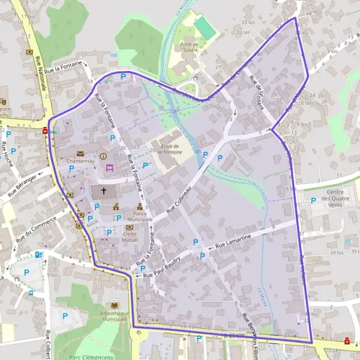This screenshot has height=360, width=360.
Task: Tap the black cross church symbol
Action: click(x=104, y=191)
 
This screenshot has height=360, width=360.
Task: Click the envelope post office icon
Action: click(x=80, y=154)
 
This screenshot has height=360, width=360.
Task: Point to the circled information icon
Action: click(x=103, y=156)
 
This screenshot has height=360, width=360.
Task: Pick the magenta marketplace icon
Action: click(x=109, y=169)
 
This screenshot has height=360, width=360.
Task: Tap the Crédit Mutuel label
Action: click(x=130, y=237)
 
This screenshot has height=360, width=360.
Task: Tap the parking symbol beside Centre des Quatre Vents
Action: click(x=313, y=200)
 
